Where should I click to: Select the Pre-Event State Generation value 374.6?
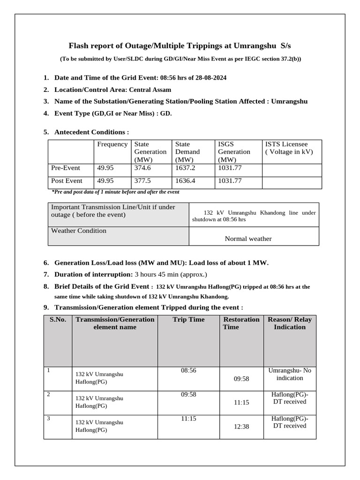pyautogui.click(x=143, y=168)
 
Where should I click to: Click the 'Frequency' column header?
pyautogui.click(x=112, y=144)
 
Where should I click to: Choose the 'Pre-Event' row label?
pyautogui.click(x=65, y=168)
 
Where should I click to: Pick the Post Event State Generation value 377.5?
pyautogui.click(x=143, y=180)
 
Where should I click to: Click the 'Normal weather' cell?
pyautogui.click(x=248, y=239)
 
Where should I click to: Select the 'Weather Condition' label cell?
pyautogui.click(x=79, y=231)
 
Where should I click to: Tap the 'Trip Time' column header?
pyautogui.click(x=188, y=320)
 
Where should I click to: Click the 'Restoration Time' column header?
pyautogui.click(x=241, y=323)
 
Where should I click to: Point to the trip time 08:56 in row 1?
pyautogui.click(x=188, y=370)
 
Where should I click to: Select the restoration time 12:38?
pyautogui.click(x=241, y=427)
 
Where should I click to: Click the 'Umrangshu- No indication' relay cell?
pyautogui.click(x=290, y=374)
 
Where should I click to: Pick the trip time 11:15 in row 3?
pyautogui.click(x=188, y=418)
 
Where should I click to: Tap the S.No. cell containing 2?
pyautogui.click(x=49, y=395)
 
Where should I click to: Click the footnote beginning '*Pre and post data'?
pyautogui.click(x=115, y=192)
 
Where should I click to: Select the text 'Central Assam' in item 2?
pyautogui.click(x=150, y=90)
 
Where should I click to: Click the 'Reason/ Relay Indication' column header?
pyautogui.click(x=290, y=323)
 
